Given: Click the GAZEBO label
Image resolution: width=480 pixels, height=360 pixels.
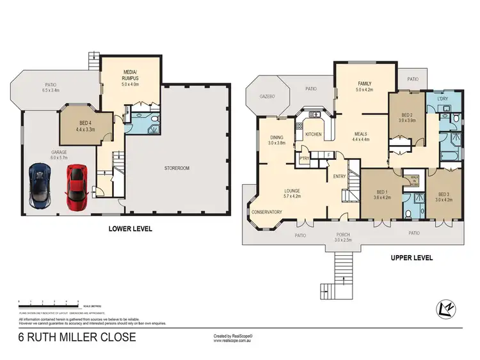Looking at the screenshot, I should (x=266, y=97).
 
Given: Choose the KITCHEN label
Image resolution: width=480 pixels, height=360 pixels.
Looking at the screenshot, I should (x=313, y=134).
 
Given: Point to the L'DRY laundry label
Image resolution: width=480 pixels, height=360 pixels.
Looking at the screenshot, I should (x=442, y=100).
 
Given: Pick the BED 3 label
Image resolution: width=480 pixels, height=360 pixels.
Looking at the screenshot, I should (x=444, y=194).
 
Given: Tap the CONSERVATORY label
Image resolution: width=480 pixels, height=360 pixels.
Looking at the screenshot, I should (x=266, y=212).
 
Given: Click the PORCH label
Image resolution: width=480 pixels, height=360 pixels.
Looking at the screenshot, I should (x=344, y=235).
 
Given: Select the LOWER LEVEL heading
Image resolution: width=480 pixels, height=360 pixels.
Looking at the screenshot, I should (x=130, y=228).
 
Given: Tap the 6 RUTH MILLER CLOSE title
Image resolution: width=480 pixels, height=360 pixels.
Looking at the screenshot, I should (x=77, y=336).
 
